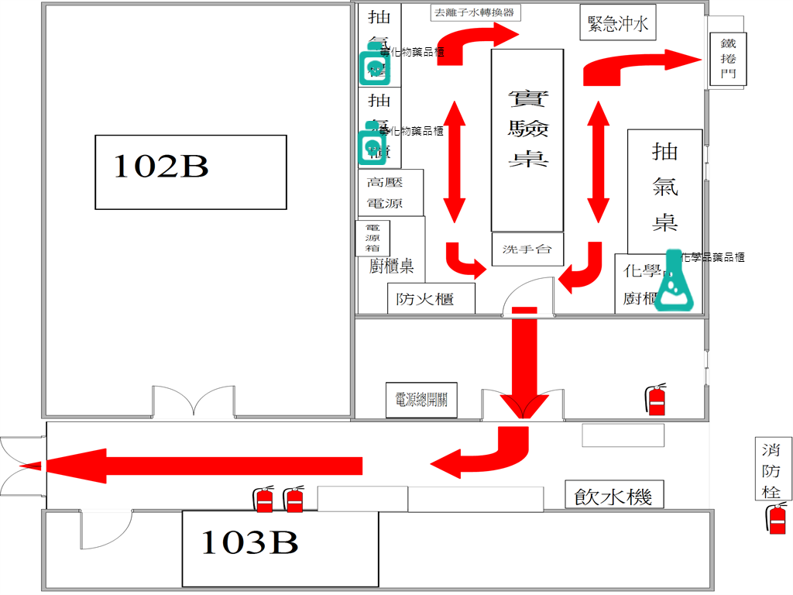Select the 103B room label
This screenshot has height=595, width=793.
coord(249,544)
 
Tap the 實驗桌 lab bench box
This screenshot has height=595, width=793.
coord(527,139)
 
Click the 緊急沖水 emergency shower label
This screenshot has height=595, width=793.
coord(617,24)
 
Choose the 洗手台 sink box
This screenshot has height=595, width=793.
coord(527,249)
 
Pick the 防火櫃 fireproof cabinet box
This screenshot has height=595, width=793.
coord(431,299)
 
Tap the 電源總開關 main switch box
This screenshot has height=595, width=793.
coord(421,401)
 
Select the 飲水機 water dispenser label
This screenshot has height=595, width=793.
coord(613,495)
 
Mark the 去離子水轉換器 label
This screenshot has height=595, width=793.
coord(473,12)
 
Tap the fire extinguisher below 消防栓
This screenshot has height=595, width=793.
coord(777,518)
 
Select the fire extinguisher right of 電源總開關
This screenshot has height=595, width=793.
coord(656,399)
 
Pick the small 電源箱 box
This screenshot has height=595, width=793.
coord(372,238)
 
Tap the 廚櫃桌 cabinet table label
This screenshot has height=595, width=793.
coord(391,267)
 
